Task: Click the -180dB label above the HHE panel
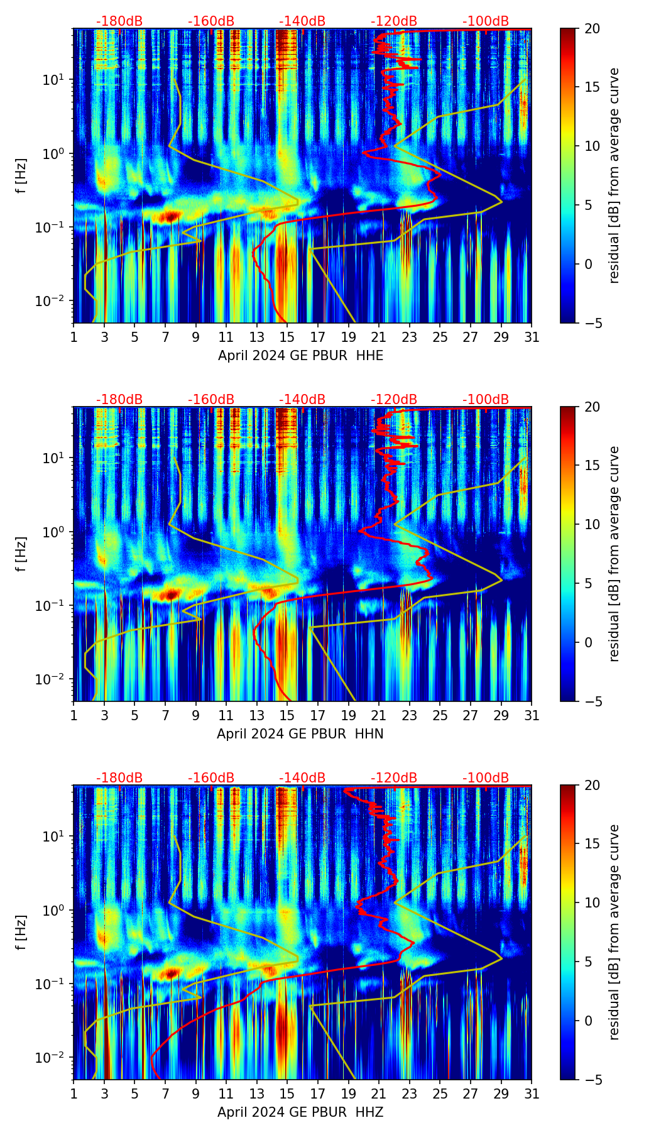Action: [x=119, y=21]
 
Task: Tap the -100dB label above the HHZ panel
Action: [x=486, y=778]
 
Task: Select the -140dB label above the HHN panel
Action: [x=302, y=400]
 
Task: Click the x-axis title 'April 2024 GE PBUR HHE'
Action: [x=300, y=356]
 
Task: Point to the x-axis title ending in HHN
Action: [x=300, y=734]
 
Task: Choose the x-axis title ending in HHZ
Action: [x=300, y=1112]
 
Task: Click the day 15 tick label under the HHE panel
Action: [x=287, y=337]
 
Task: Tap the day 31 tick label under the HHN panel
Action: [x=531, y=716]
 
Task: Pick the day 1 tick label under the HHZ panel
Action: [x=74, y=1094]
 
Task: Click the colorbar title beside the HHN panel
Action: [x=615, y=554]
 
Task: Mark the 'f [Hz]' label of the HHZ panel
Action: [x=21, y=932]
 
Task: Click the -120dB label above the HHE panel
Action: [x=394, y=21]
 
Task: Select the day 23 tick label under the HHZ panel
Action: [x=409, y=1094]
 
